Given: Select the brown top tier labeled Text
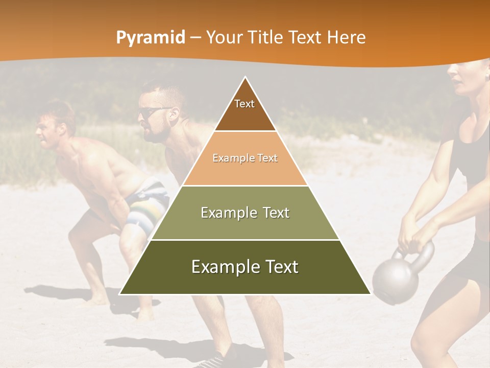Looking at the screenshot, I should tap(245, 110).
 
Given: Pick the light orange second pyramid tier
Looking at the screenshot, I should tap(245, 158).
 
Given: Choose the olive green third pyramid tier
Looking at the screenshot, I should tap(245, 213).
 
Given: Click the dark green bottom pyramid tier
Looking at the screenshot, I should tap(245, 267).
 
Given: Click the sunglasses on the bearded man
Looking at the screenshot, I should tap(153, 112).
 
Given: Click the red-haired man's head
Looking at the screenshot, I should tap(54, 125).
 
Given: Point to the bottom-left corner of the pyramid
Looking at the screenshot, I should tap(120, 294).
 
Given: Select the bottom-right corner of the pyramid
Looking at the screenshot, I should tap(371, 294).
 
